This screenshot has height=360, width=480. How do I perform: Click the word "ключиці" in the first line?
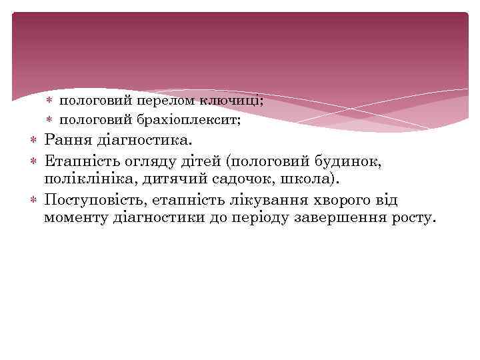coord(239,101)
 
